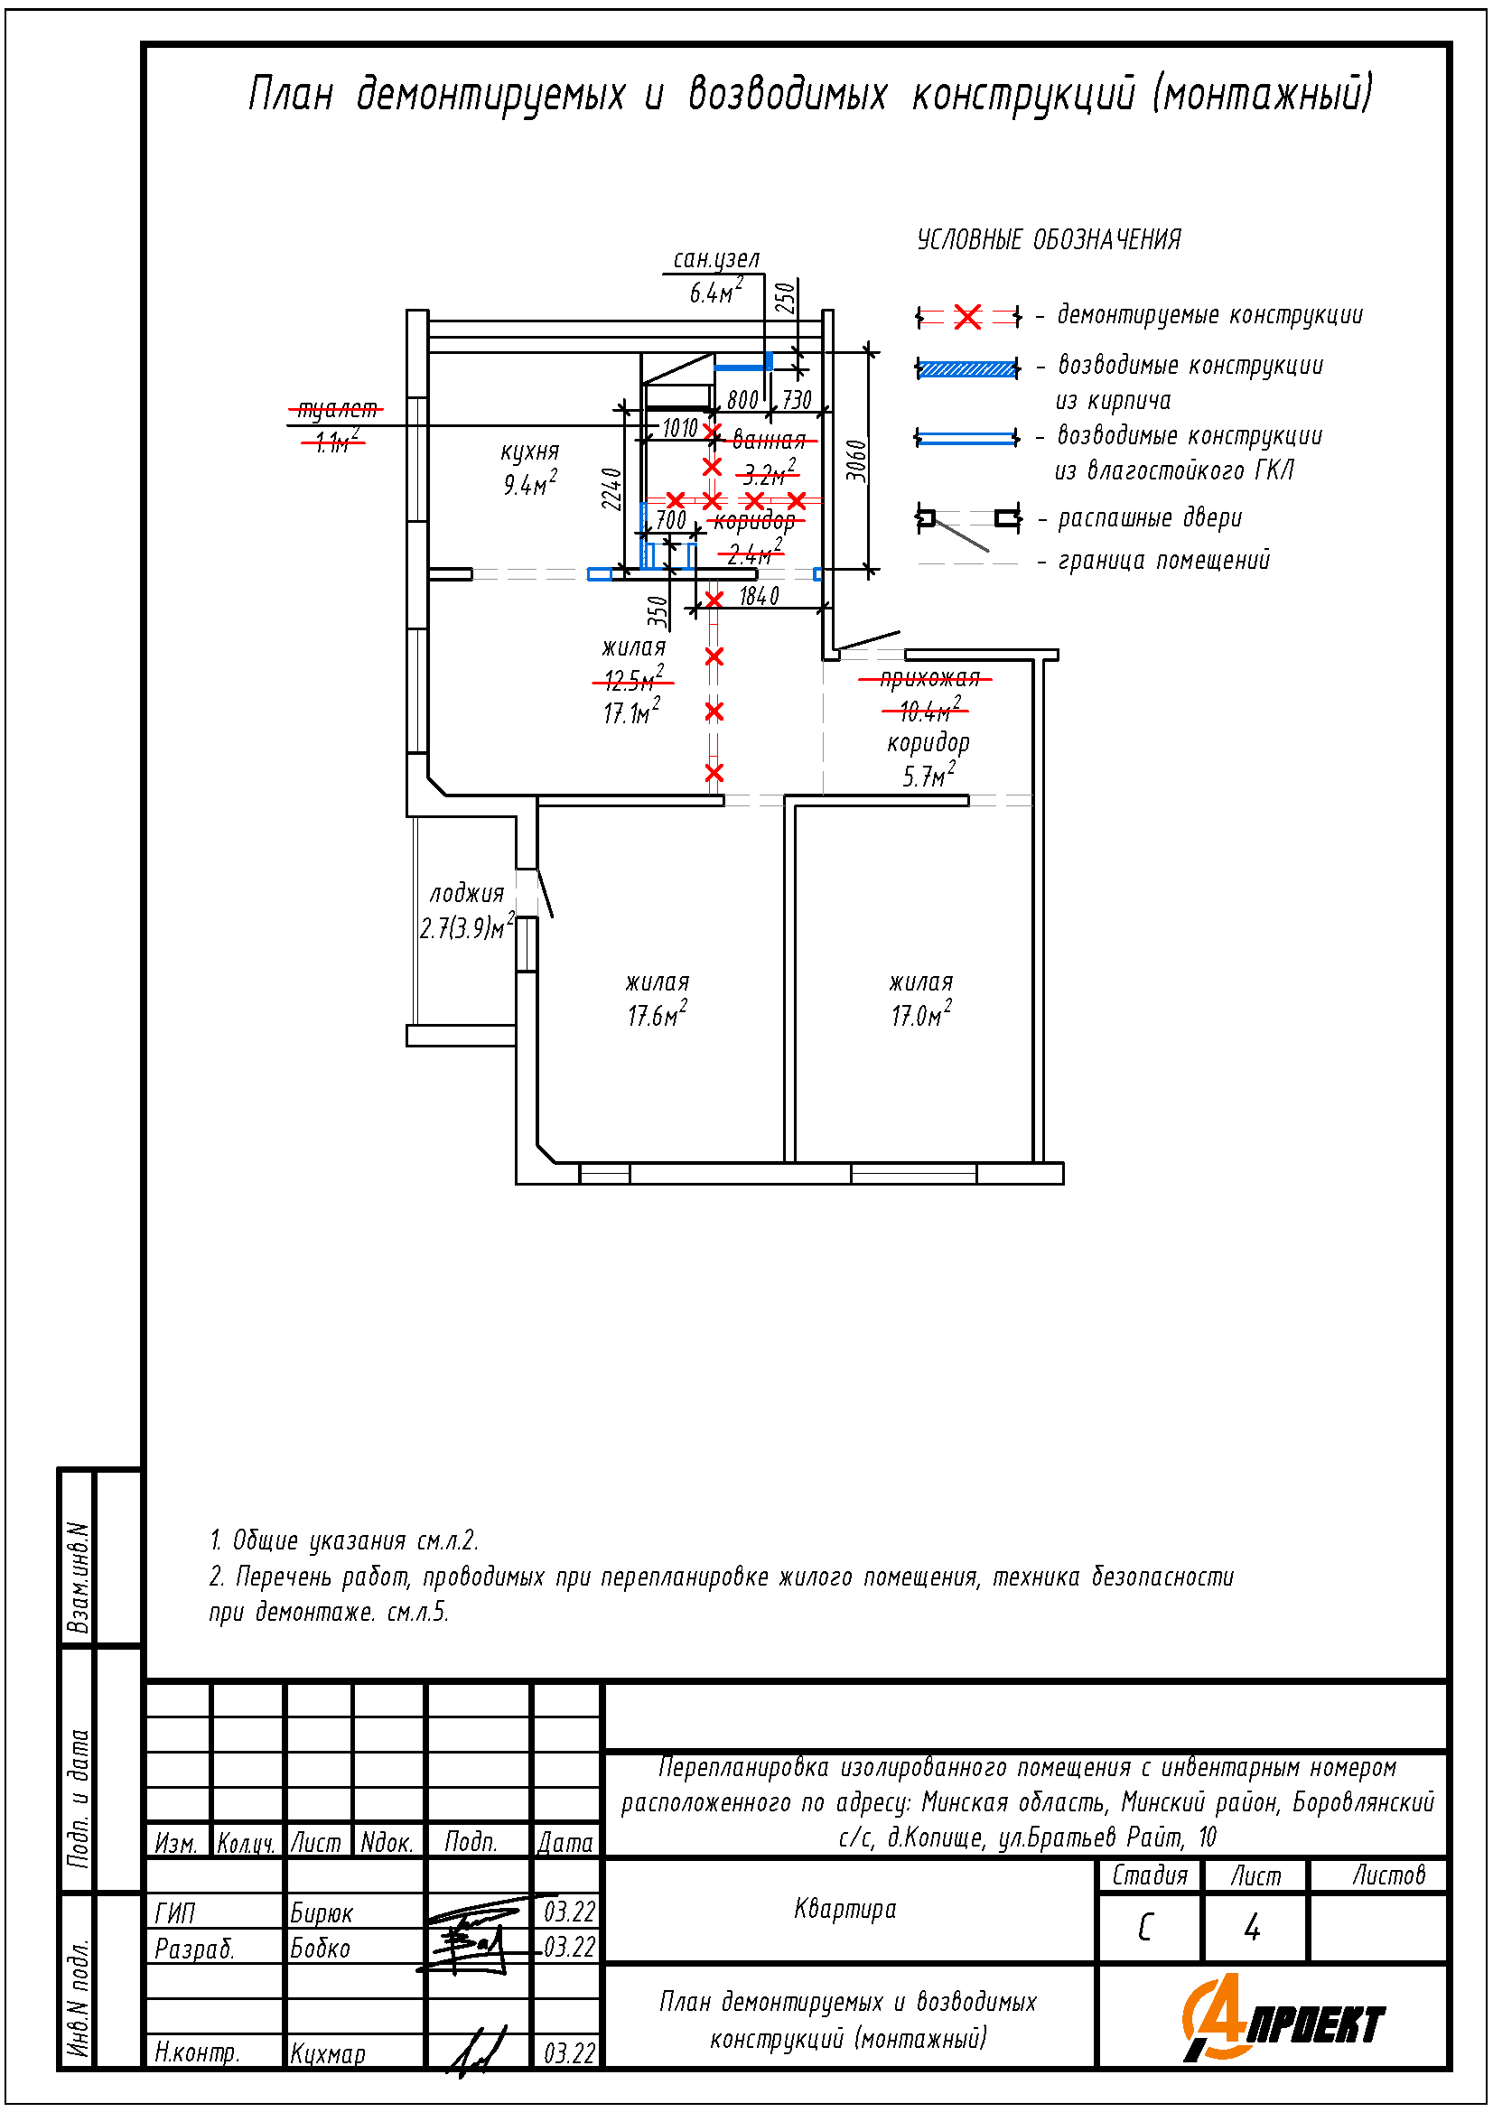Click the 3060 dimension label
856,460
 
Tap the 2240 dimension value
611,488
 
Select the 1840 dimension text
759,596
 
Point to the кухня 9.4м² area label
530,469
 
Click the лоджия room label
467,893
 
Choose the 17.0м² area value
921,1015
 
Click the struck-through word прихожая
929,678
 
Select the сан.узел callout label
716,259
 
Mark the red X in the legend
967,317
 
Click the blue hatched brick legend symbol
967,369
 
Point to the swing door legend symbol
967,521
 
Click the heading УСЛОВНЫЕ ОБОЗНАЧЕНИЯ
1049,240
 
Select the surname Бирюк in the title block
322,1912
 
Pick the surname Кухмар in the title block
329,2052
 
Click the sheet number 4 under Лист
1252,1927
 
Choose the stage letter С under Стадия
1145,1927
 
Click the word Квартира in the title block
845,1909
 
